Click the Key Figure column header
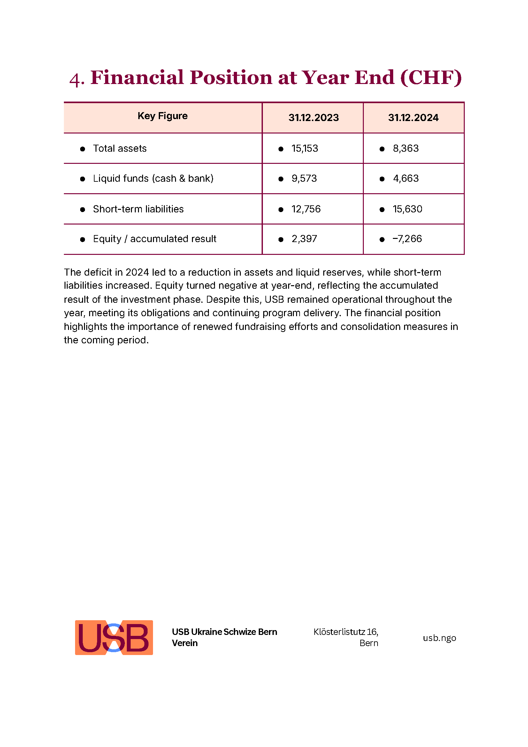coord(162,116)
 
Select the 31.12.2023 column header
coord(313,118)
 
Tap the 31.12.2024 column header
coord(413,118)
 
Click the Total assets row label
coord(120,149)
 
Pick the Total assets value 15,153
coord(304,149)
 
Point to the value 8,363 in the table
coord(405,149)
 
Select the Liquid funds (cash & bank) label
coord(153,178)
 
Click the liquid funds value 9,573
coord(304,178)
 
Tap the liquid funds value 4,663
coord(405,178)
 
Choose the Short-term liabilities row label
coord(138,209)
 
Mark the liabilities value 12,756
coord(306,209)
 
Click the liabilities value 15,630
coord(407,209)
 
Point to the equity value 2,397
coord(304,239)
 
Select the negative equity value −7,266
coord(407,239)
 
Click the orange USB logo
coord(114,638)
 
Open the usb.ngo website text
coord(439,638)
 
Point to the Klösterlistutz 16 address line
coord(346,632)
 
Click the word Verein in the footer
coord(184,643)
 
